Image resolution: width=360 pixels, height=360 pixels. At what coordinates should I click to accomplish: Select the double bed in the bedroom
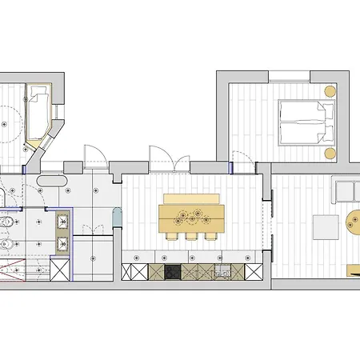coord(299,123)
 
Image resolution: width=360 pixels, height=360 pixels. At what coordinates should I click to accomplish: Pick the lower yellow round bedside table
coord(330,152)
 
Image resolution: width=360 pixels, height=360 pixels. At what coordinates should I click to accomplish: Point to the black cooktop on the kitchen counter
coord(174,272)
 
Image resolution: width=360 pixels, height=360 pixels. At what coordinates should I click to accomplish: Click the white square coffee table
coord(325,227)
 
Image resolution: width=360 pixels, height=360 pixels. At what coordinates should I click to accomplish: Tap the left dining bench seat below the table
coord(173,235)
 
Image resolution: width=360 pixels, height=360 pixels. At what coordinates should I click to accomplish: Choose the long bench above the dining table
coord(191,198)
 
